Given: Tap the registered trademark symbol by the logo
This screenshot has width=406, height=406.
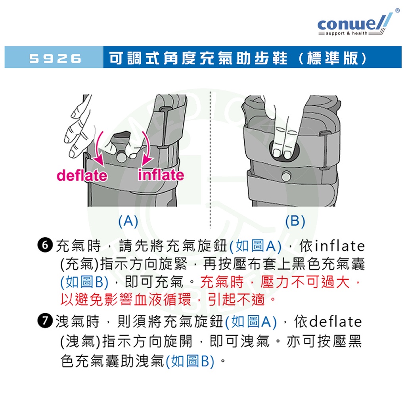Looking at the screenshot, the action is pos(397,10).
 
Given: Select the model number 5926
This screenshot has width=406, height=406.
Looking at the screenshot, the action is pos(55,58).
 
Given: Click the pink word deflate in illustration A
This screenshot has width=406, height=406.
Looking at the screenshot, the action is pos(82,175).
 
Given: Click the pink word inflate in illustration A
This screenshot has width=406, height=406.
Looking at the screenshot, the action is pos(161,175).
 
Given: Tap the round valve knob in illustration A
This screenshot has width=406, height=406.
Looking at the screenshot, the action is pos(121,157).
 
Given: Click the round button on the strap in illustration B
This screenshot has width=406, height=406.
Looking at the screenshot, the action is pos(286,176).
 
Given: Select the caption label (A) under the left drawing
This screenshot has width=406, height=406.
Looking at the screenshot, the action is pos(128,221).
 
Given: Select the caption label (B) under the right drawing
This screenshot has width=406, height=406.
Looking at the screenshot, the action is pos(295,221).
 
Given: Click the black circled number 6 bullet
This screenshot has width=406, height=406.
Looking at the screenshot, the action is pos(45,245).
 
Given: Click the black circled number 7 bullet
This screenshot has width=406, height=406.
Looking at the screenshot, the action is pos(45,320).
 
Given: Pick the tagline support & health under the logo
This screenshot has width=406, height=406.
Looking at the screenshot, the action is pos(347,33).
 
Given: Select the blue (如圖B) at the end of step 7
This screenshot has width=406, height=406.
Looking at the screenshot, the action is pos(190,361).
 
